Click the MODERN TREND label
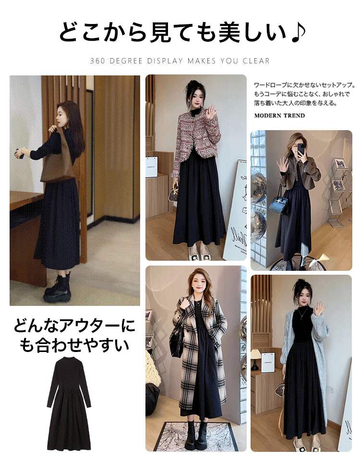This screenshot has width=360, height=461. [x=279, y=116]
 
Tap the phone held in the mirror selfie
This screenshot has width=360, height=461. [x=301, y=150]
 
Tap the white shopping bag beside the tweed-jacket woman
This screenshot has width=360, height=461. [x=153, y=166]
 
